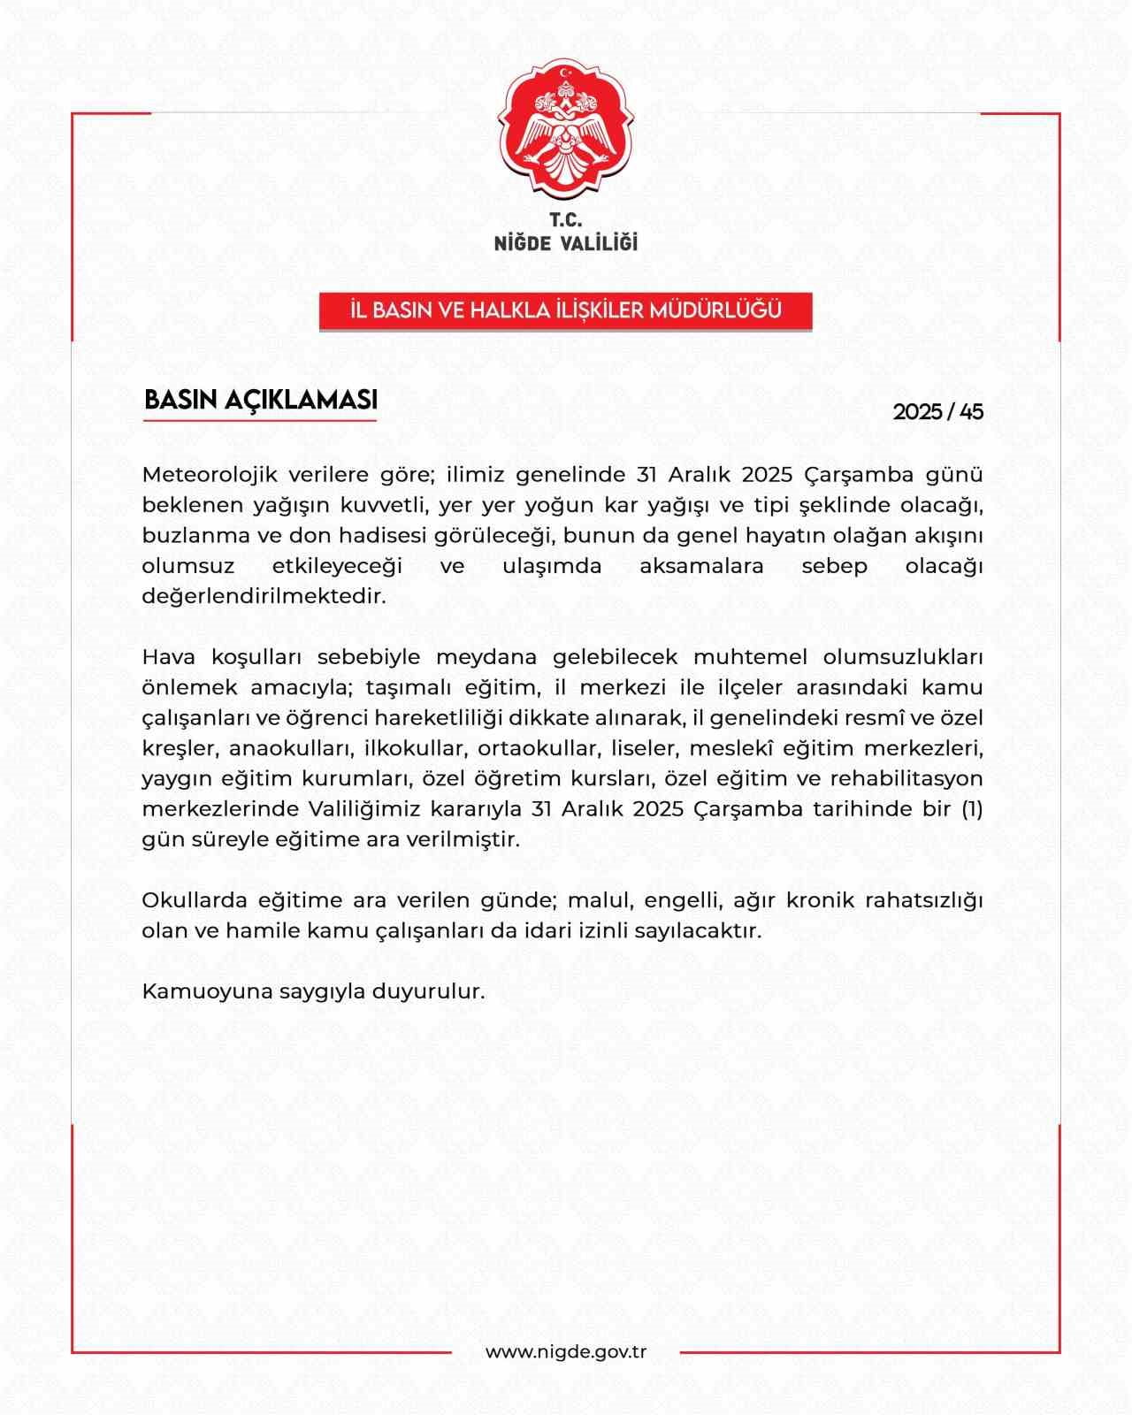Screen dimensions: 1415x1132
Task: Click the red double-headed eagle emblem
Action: click(566, 131)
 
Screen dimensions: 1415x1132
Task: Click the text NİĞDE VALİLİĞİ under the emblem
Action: click(566, 243)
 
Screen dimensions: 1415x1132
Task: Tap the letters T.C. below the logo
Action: click(566, 221)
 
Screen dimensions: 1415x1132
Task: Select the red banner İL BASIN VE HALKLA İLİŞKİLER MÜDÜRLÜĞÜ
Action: click(566, 311)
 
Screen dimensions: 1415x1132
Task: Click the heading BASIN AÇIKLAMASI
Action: click(261, 400)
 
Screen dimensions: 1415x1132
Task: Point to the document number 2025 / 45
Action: click(937, 412)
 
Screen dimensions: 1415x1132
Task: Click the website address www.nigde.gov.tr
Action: click(566, 1352)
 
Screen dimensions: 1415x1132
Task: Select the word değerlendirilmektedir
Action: click(264, 596)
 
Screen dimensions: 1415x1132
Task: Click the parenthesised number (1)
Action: click(971, 809)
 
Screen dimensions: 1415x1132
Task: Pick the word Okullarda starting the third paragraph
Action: click(193, 900)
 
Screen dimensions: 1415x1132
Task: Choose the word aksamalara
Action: click(701, 566)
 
